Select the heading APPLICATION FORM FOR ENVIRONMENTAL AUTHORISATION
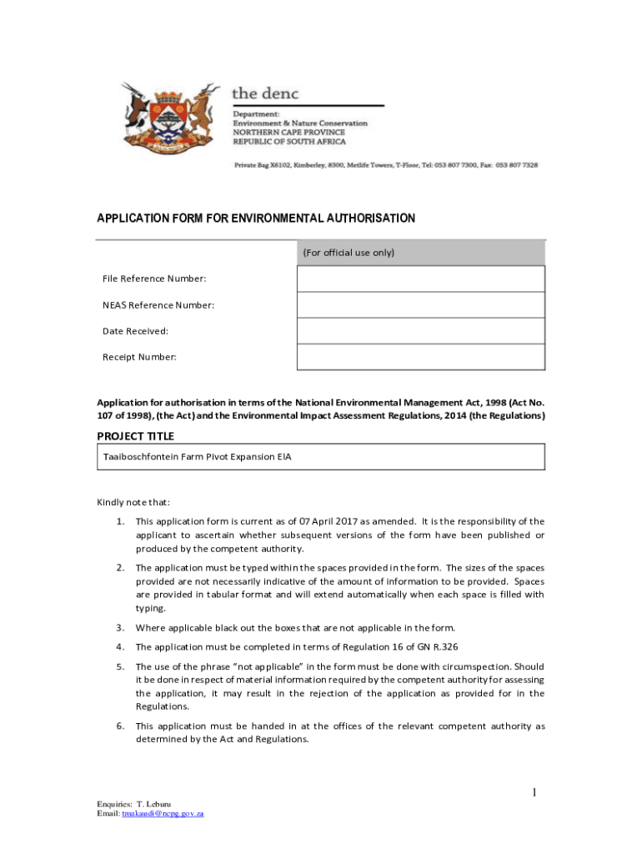256,219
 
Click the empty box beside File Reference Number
420,279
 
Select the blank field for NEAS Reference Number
420,305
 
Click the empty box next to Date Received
420,331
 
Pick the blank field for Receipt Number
420,357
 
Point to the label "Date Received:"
135,331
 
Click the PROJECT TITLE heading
136,436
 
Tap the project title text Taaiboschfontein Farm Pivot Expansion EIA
197,457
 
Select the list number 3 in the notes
120,628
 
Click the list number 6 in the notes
120,726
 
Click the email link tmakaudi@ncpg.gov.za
163,813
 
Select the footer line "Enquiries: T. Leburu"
133,804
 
